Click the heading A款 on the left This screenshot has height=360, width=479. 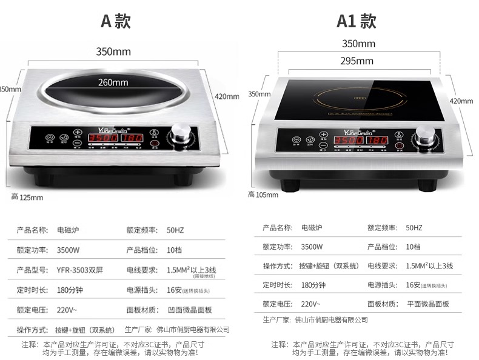tap(115, 21)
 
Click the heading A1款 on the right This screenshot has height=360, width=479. tap(357, 21)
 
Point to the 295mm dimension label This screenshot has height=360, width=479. tap(357, 61)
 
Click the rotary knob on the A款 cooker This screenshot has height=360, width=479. tap(180, 133)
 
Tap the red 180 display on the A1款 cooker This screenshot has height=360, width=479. tap(377, 140)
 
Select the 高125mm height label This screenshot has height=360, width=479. tap(27, 197)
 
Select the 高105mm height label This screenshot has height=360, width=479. tap(263, 195)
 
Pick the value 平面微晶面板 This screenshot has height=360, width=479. tap(428, 304)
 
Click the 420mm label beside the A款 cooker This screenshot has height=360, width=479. tap(227, 96)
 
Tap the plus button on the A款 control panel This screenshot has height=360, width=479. tap(78, 132)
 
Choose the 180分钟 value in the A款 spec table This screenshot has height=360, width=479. tap(72, 290)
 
